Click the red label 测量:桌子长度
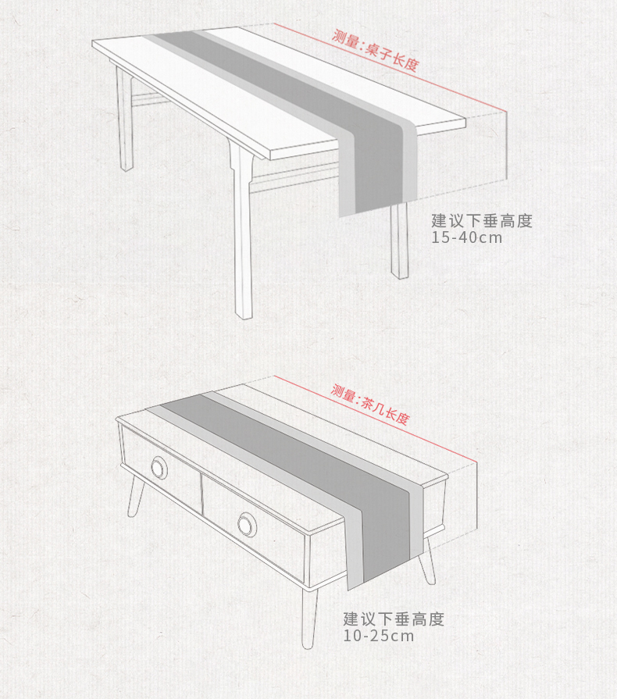375,49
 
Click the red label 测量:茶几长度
370,404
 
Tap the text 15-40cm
467,237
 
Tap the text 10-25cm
379,636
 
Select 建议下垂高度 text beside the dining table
482,221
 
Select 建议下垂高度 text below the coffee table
394,619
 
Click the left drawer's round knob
159,469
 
